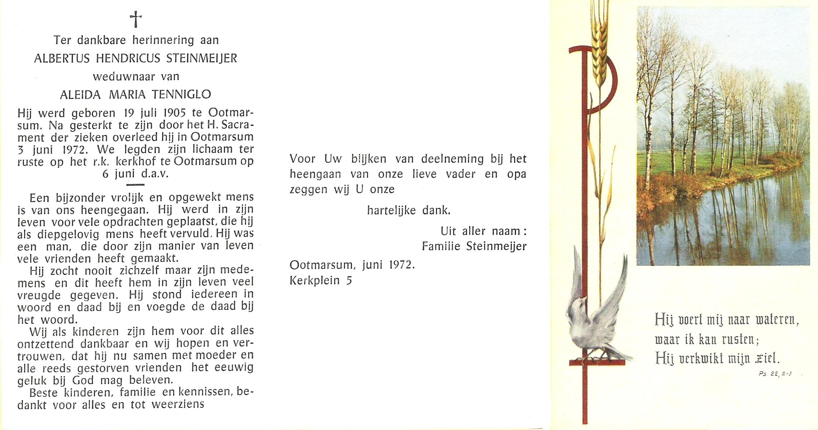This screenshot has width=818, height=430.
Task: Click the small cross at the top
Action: click(136, 19)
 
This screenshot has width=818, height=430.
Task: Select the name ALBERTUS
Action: click(62, 58)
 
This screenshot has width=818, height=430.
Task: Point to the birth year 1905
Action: click(174, 113)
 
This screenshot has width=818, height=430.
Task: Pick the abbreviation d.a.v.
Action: click(155, 174)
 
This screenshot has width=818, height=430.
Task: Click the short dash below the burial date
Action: click(136, 185)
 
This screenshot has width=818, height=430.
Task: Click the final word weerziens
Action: click(178, 405)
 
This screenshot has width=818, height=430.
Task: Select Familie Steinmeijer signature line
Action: click(474, 247)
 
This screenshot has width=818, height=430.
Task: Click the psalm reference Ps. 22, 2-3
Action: click(775, 374)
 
